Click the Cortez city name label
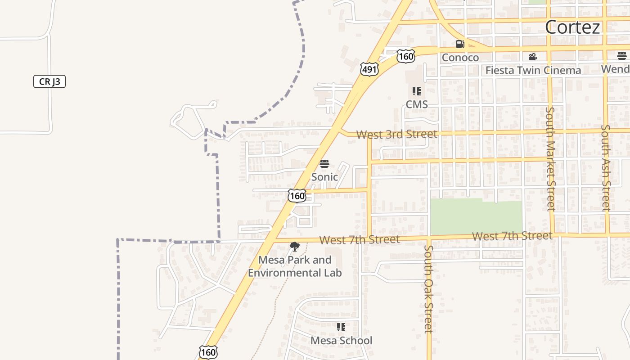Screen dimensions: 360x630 (x=572, y=27)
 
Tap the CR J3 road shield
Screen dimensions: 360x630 (x=49, y=82)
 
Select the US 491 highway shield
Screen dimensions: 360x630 (x=369, y=69)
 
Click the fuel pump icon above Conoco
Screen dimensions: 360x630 (x=460, y=44)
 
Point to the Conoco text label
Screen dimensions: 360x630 (x=460, y=58)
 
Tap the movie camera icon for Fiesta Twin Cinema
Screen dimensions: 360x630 (x=533, y=57)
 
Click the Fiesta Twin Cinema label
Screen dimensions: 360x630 (x=533, y=71)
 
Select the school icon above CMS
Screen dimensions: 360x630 (x=417, y=91)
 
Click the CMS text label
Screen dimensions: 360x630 (x=417, y=104)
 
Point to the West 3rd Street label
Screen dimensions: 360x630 (x=396, y=134)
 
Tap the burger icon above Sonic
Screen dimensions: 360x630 (x=324, y=164)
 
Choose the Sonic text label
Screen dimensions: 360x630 (x=324, y=177)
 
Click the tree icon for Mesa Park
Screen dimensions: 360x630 (x=295, y=247)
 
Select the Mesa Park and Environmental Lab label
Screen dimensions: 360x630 (x=295, y=266)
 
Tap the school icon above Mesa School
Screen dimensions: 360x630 (x=341, y=327)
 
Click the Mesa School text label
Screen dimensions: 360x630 (x=341, y=341)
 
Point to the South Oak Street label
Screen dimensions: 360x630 (x=429, y=289)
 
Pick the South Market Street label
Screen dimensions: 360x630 (x=550, y=158)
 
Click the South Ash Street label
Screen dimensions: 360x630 (x=606, y=167)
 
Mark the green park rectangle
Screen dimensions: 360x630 (x=476, y=217)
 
